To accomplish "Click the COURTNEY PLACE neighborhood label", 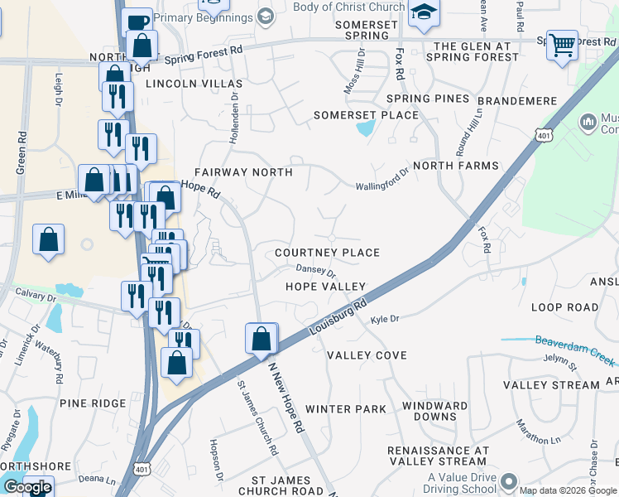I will click(x=327, y=253).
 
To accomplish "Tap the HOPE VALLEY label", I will click(x=325, y=287).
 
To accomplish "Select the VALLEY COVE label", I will click(x=367, y=355).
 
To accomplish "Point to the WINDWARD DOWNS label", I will click(x=429, y=412).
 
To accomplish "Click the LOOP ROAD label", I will click(x=564, y=307).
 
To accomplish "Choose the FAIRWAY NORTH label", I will click(x=242, y=172).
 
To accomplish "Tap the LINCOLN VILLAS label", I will click(x=194, y=84).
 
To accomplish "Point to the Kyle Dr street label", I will click(x=385, y=319).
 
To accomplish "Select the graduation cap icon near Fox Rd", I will click(x=424, y=12).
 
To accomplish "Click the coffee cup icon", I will click(x=137, y=21).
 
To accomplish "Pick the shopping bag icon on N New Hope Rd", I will click(x=262, y=338).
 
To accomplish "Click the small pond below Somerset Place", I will click(x=364, y=128).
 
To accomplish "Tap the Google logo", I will click(x=26, y=488).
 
